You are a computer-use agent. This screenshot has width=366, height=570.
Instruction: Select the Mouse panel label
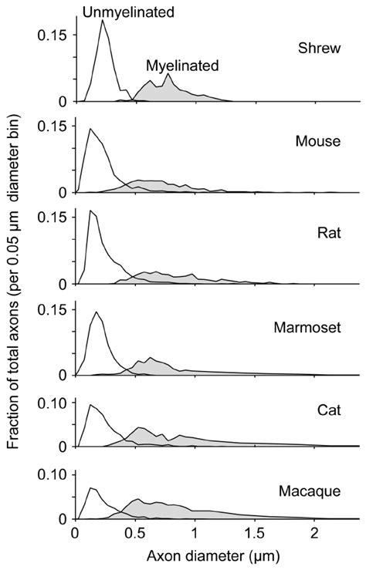click(313, 141)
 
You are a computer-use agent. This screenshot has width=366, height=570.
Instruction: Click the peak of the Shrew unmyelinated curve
click(103, 20)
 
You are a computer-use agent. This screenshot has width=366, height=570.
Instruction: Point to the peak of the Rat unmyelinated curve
click(91, 210)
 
